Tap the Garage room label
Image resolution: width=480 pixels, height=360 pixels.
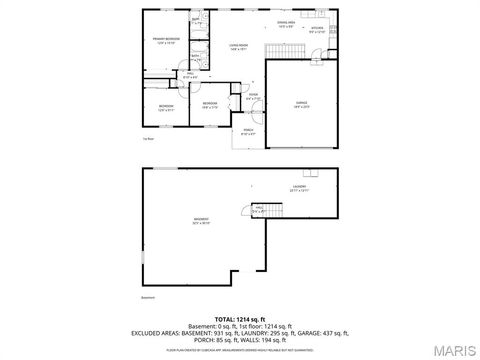pyautogui.click(x=300, y=103)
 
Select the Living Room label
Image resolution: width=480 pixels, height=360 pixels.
pyautogui.click(x=238, y=46)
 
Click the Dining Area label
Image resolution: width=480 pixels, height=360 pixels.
pyautogui.click(x=285, y=24)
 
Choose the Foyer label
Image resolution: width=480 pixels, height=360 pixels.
pyautogui.click(x=253, y=97)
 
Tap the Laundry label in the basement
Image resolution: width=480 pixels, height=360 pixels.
pyautogui.click(x=299, y=187)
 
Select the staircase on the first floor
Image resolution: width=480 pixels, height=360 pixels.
pyautogui.click(x=277, y=50)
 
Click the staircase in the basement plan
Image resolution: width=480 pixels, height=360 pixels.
pyautogui.click(x=271, y=208)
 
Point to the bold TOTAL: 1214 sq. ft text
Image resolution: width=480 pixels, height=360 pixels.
pyautogui.click(x=240, y=318)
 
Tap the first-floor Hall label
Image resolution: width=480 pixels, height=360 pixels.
pyautogui.click(x=190, y=74)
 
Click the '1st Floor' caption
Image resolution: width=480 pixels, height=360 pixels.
pyautogui.click(x=148, y=139)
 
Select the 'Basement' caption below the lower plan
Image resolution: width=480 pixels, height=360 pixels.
pyautogui.click(x=149, y=297)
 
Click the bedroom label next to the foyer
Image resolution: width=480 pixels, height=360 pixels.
pyautogui.click(x=210, y=104)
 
